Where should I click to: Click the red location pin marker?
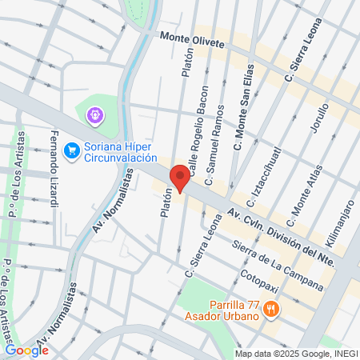point(180,178)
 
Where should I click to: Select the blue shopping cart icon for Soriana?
point(72,149)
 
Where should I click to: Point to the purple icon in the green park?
point(94,116)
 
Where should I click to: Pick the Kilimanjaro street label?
point(340,228)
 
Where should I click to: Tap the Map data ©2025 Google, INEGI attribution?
point(296,354)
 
